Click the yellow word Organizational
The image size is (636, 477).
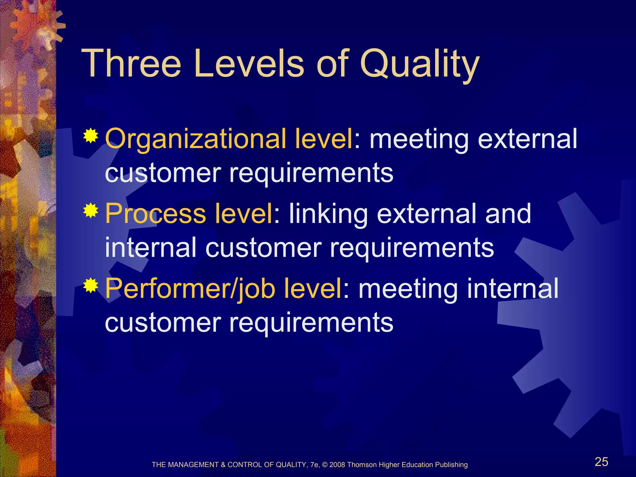pyautogui.click(x=195, y=139)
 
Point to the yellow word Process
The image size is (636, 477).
pyautogui.click(x=155, y=214)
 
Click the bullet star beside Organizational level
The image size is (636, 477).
pyautogui.click(x=91, y=136)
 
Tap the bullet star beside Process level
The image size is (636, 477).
pyautogui.click(x=91, y=211)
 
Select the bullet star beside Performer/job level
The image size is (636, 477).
pyautogui.click(x=91, y=286)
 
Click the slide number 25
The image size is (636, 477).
pyautogui.click(x=601, y=462)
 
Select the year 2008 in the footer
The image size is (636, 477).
pyautogui.click(x=337, y=465)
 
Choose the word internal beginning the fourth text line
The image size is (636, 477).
pyautogui.click(x=151, y=247)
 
